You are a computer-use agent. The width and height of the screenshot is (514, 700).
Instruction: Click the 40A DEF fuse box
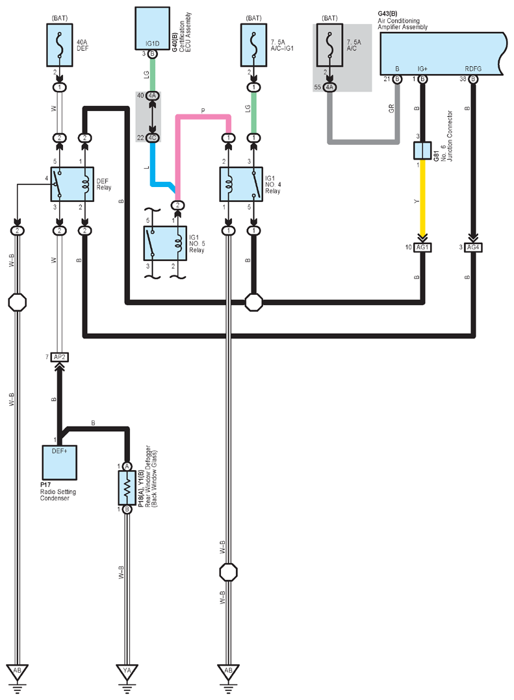click(59, 45)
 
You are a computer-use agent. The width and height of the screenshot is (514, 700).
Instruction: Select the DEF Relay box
click(72, 184)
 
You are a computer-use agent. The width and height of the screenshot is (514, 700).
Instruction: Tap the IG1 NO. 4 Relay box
click(241, 184)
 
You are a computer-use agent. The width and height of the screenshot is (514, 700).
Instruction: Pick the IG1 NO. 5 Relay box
click(165, 244)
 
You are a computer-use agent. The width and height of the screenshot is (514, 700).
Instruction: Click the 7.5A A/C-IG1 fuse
click(253, 45)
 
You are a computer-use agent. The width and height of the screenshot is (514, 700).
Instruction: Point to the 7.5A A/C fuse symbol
click(329, 45)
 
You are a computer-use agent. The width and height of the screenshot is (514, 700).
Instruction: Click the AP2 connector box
click(59, 357)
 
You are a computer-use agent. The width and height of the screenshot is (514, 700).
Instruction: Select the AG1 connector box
click(422, 247)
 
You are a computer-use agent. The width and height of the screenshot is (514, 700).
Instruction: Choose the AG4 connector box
click(473, 247)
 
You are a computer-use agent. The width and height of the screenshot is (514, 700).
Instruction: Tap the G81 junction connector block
click(422, 151)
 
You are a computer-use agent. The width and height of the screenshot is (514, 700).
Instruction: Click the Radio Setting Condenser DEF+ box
click(59, 462)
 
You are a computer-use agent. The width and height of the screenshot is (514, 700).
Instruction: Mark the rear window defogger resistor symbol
click(127, 488)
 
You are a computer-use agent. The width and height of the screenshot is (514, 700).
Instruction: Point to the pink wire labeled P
click(203, 117)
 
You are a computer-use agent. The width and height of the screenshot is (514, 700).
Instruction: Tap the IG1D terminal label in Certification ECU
click(152, 44)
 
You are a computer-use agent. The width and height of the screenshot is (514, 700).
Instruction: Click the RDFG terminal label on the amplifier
click(473, 69)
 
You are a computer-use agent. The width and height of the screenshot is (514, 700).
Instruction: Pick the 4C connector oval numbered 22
click(152, 138)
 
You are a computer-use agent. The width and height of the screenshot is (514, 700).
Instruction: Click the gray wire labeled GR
click(363, 142)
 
